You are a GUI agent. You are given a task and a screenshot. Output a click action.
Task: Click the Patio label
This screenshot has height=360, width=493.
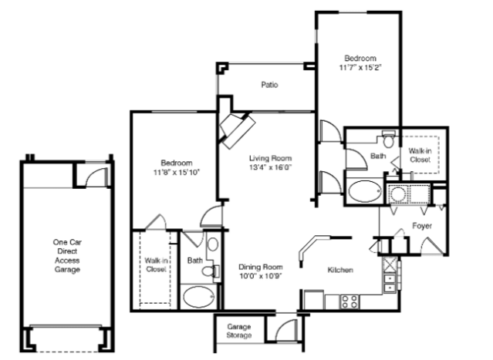pos(269,85)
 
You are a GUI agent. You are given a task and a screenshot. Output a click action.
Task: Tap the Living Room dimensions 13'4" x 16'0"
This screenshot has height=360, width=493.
pos(270,167)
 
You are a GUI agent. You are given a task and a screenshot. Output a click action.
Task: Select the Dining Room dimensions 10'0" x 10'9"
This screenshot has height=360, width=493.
pos(260,276)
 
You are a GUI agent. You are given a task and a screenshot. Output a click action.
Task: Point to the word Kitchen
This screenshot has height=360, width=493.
pos(340,270)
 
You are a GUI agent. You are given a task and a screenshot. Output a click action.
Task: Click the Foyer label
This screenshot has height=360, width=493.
pos(422,226)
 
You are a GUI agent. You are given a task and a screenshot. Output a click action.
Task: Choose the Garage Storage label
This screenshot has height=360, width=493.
pos(239,331)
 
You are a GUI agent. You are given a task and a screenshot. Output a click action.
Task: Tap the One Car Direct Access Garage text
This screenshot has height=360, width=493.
pos(67,256)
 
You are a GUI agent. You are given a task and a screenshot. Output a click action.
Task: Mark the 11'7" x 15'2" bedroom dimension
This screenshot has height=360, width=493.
pos(360,68)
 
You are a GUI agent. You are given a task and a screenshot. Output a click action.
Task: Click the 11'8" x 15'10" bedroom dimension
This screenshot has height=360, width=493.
pos(177,173)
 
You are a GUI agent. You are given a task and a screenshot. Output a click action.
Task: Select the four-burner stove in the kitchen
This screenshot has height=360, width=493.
pos(349,301)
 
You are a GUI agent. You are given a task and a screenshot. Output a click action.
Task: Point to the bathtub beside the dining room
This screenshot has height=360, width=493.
pos(199,297)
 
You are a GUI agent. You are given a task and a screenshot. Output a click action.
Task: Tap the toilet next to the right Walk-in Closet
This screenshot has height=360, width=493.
pos(389,140)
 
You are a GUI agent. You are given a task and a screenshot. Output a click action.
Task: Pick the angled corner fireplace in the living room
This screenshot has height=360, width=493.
pos(238,130)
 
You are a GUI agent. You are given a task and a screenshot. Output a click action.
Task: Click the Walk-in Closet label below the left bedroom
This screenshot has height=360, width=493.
pos(156,265)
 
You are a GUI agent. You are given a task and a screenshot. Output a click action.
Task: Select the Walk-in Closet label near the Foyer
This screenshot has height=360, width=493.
pos(420,155)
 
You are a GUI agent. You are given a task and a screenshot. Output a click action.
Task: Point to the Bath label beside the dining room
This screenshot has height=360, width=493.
pos(195,261)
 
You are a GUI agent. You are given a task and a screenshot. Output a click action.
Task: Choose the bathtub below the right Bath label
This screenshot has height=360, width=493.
pos(365,191)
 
